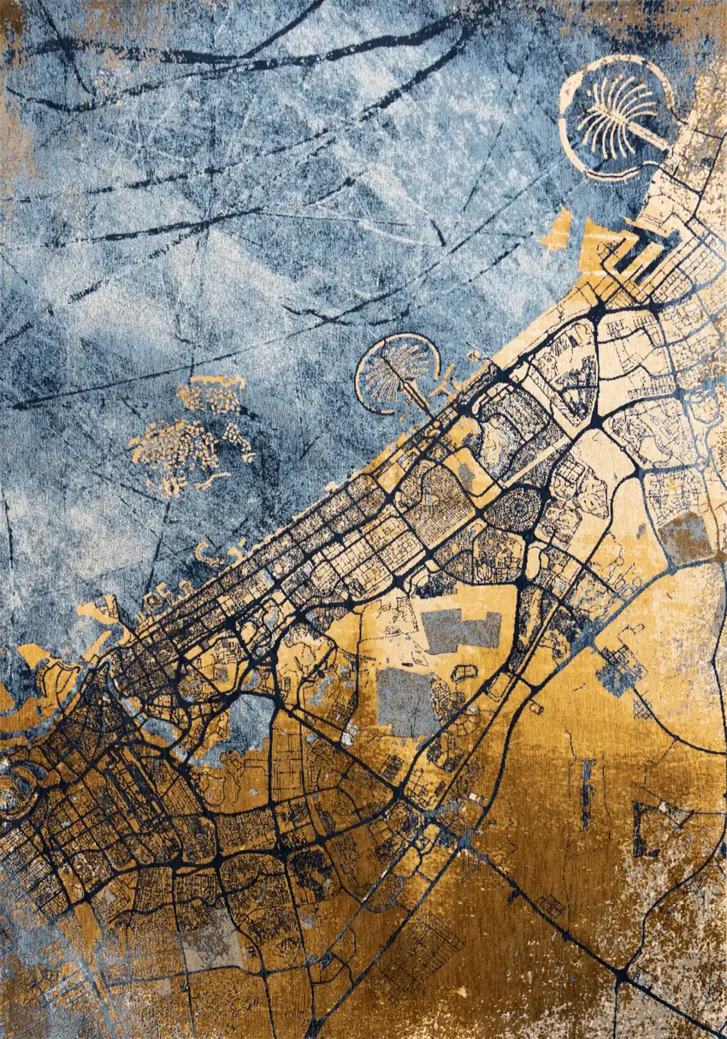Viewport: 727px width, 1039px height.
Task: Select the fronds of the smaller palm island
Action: [x=389, y=372]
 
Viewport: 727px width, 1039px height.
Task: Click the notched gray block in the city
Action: [x=462, y=630]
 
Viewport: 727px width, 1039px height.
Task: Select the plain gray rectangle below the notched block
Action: [x=407, y=698]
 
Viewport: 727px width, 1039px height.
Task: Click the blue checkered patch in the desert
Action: [x=621, y=668]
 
